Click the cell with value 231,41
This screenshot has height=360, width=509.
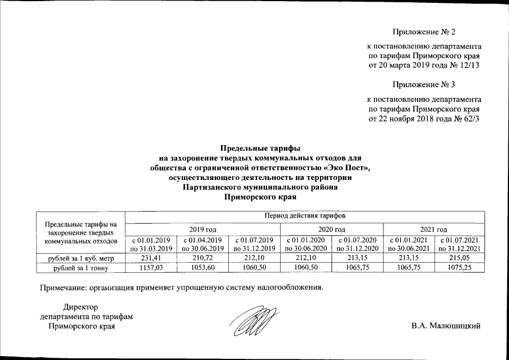point(150,258)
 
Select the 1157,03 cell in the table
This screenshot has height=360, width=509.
point(150,268)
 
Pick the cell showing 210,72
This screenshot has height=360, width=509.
point(201,258)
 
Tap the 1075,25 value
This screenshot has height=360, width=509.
point(459,268)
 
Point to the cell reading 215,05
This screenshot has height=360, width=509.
point(459,258)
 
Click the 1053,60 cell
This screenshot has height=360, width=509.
point(201,268)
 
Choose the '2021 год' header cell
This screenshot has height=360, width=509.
point(434,229)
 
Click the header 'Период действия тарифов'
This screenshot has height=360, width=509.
point(304,216)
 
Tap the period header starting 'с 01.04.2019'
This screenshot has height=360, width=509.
point(201,244)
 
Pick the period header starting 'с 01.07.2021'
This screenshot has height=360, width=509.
point(459,244)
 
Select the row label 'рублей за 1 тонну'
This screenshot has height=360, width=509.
point(79,268)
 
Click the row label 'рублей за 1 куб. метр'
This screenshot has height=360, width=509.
point(79,258)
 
